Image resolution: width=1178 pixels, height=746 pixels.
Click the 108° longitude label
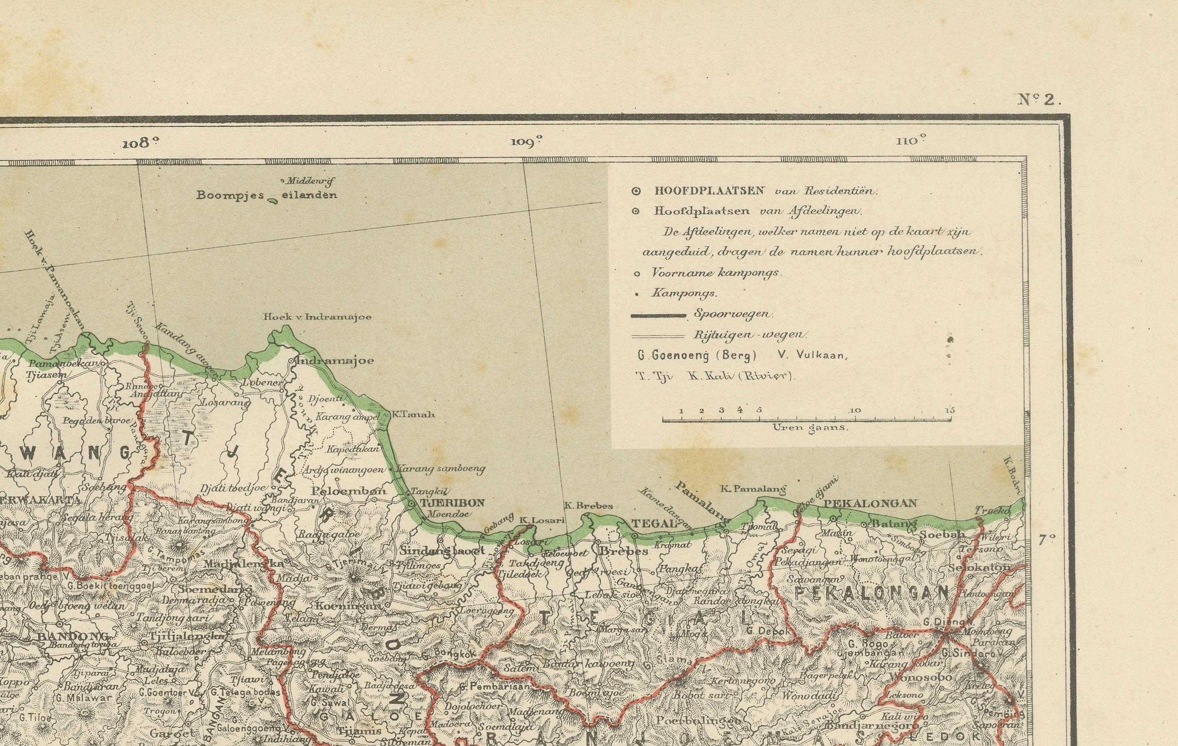(x=141, y=143)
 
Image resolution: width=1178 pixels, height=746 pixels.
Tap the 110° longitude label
(x=911, y=141)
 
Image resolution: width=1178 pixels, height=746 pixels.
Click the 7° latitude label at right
(x=1046, y=540)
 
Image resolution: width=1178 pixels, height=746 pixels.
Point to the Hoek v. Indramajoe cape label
(x=317, y=317)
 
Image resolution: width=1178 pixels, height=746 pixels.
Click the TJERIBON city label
(x=452, y=502)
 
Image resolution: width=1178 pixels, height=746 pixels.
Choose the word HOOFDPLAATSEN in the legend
(x=709, y=191)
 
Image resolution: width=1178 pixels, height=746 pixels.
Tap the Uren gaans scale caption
(x=810, y=427)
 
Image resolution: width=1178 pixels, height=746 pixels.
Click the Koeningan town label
(x=348, y=605)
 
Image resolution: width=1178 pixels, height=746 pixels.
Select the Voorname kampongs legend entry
(x=716, y=273)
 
